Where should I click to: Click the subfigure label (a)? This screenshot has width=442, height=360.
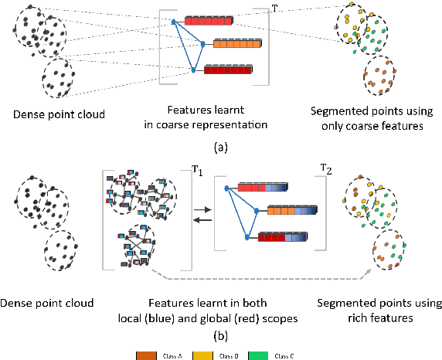(x=221, y=144)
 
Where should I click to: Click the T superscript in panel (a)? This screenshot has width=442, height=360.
(x=276, y=8)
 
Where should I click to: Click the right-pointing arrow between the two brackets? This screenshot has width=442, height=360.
(x=200, y=209)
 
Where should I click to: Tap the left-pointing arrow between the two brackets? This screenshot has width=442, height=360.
(x=200, y=219)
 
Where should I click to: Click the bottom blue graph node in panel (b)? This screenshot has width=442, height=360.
(x=246, y=238)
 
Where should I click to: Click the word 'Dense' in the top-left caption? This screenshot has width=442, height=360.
(x=24, y=115)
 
